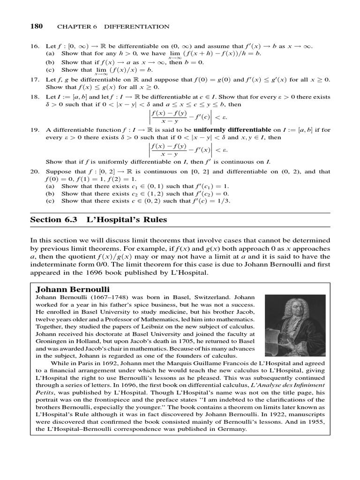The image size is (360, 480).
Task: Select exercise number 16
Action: coord(35,47)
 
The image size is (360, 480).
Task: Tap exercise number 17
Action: coord(35,80)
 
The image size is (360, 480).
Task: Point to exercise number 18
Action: coord(35,97)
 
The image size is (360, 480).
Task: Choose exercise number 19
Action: coord(35,129)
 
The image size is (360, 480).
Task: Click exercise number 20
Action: coord(35,172)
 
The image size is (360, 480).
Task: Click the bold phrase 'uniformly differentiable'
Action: coord(232,129)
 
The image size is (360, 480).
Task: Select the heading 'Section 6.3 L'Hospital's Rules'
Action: coord(98,219)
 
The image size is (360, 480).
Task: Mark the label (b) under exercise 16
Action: coord(50,62)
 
